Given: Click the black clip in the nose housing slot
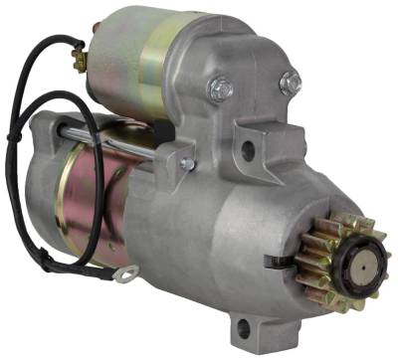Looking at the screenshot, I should coord(274,262).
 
